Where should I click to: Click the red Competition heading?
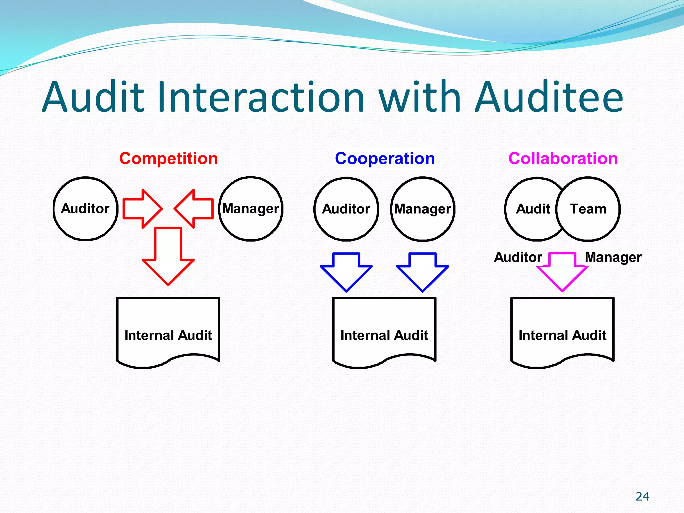pos(168,158)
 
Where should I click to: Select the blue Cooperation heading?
pos(384,158)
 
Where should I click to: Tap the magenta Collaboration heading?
pos(563,158)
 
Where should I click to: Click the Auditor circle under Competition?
pos(85,209)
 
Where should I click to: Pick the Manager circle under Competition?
pos(250,209)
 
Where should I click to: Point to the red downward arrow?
pos(168,257)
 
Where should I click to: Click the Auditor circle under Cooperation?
pos(346,209)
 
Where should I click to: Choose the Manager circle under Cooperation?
pos(422,209)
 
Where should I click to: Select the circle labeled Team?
pos(588,209)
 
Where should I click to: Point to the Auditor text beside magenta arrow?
pos(518,257)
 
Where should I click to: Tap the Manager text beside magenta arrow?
pos(613,257)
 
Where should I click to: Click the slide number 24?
pos(642,496)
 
